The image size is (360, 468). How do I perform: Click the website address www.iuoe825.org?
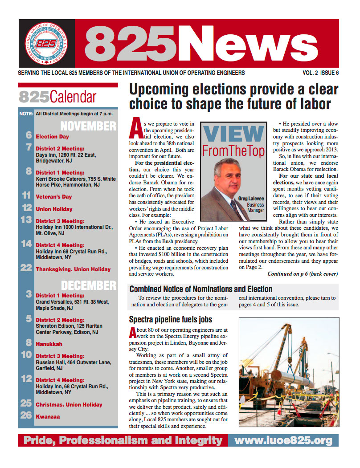[283, 441]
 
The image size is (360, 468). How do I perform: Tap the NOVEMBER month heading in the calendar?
[88, 126]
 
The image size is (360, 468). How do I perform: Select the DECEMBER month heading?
[88, 285]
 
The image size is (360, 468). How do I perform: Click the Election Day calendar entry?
[52, 137]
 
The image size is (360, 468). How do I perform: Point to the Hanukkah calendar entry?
[49, 344]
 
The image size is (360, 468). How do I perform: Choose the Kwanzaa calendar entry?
[48, 417]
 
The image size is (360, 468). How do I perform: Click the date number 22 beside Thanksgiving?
[26, 269]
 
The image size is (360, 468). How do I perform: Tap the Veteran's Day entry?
[53, 196]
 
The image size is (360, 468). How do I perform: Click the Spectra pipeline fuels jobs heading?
[170, 319]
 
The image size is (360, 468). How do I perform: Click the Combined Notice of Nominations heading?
[200, 289]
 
